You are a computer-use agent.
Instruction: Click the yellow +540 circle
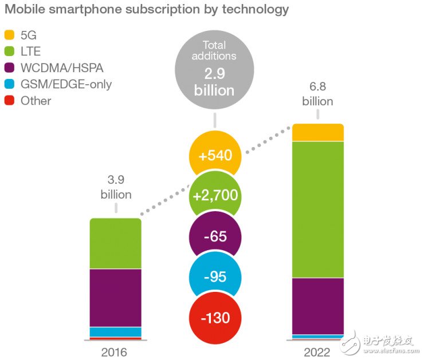click(x=215, y=156)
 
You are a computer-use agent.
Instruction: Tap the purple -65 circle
click(x=215, y=237)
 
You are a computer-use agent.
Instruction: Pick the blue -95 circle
click(x=215, y=277)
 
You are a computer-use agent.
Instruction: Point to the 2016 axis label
click(x=115, y=351)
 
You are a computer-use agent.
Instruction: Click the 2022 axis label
click(x=318, y=351)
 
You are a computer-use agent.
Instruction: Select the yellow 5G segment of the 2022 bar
click(x=318, y=132)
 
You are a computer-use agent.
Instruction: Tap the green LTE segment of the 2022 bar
click(x=318, y=209)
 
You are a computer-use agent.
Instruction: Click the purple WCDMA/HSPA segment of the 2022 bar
click(x=318, y=306)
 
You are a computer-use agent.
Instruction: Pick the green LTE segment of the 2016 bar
click(x=115, y=243)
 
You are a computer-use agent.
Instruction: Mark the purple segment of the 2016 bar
click(x=115, y=298)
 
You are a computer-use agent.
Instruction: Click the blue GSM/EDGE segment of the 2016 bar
click(x=115, y=331)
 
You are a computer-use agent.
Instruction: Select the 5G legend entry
click(x=23, y=35)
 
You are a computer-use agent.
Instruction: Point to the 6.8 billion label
click(x=318, y=94)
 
